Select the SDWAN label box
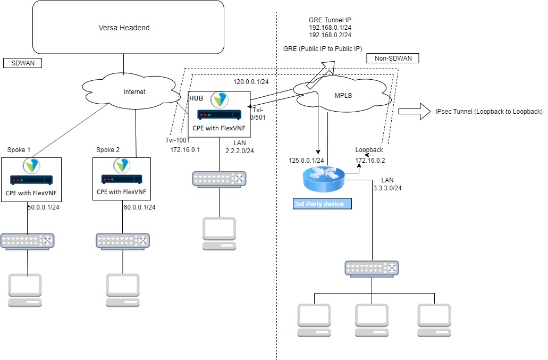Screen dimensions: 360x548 tap(22, 63)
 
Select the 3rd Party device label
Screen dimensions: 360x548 tap(322, 204)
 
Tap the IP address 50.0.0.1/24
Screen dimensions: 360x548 tap(43, 207)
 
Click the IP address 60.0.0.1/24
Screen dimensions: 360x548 tap(140, 207)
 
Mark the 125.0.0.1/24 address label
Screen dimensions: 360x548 tap(307, 160)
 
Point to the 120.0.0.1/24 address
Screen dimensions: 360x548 tap(251, 82)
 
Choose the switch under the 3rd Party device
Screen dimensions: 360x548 tap(372, 269)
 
